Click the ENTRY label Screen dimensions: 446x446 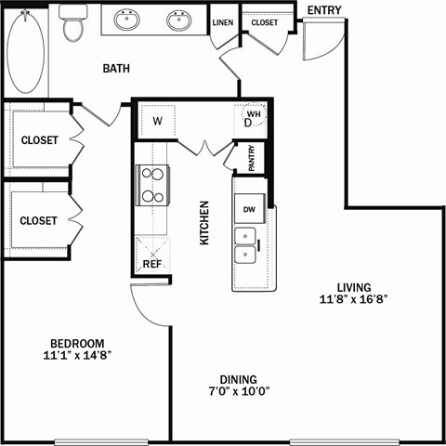pos(324,11)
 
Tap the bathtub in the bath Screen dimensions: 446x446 pos(25,51)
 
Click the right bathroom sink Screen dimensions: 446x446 pos(178,20)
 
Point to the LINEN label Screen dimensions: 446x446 pos(222,22)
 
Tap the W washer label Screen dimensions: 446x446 pos(157,121)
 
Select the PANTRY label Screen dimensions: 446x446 pos(253,159)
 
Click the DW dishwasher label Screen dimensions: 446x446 pos(249,210)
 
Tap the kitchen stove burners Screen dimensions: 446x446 pos(151,184)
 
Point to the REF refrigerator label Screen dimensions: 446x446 pos(151,264)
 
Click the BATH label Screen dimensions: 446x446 pos(115,68)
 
